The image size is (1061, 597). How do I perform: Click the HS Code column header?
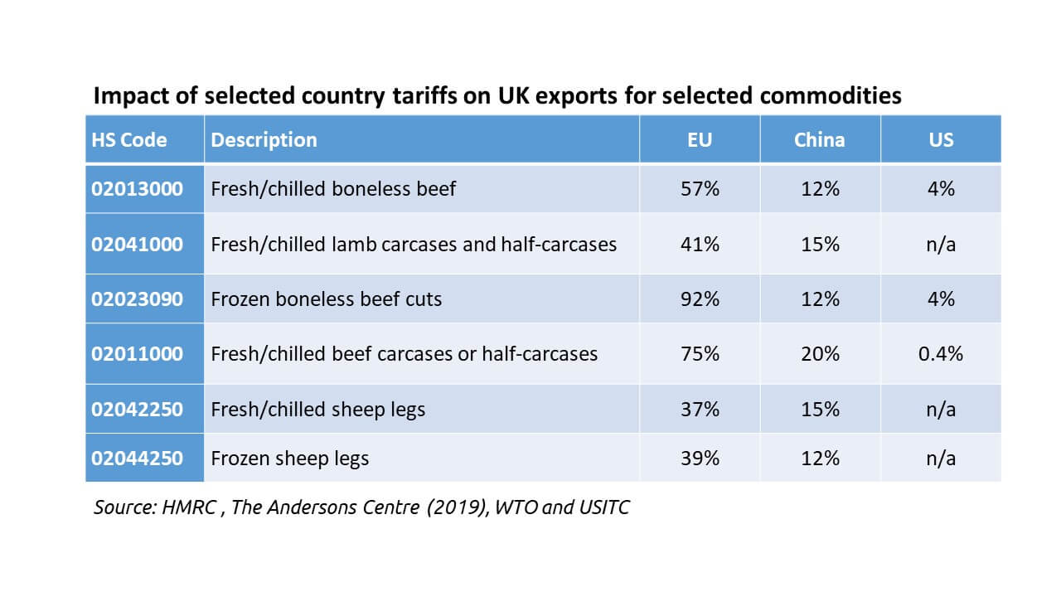click(128, 139)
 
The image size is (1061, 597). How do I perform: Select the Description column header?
click(264, 139)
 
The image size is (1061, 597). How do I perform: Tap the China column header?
click(820, 139)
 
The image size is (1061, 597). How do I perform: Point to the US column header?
click(941, 139)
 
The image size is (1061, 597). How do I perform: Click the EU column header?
click(700, 139)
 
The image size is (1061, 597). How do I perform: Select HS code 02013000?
click(137, 189)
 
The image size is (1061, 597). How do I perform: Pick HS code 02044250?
click(137, 458)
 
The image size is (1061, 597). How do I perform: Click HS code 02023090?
click(137, 298)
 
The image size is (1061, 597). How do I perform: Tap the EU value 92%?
click(700, 298)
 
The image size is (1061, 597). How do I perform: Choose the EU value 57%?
click(700, 189)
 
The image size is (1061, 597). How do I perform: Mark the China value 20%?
click(820, 354)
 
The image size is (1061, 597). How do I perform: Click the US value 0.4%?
click(941, 354)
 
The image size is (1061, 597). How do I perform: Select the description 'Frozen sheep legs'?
click(290, 458)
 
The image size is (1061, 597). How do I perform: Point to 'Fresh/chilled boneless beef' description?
click(333, 189)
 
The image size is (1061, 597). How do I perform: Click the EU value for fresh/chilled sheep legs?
click(700, 410)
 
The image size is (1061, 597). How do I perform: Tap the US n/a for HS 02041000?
click(941, 245)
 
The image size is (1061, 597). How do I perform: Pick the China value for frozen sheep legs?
click(820, 458)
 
